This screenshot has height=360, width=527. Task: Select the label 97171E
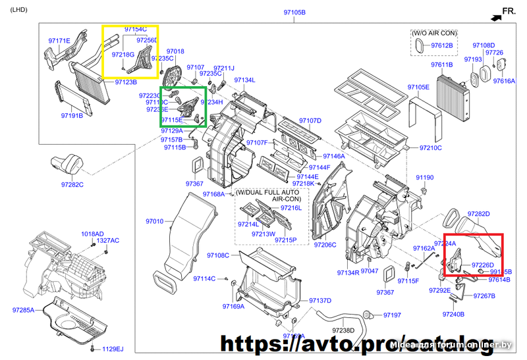coord(59,41)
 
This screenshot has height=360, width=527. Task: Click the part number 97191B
coord(72,116)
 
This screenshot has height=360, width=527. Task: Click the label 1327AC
coord(108,241)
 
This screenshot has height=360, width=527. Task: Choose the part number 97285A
coord(23,309)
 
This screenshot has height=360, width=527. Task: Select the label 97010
coord(155,221)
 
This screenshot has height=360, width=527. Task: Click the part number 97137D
coord(320,301)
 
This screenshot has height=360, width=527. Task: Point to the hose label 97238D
coord(343,330)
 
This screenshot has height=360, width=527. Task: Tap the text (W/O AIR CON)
coord(434,32)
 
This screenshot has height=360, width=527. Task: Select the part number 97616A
coord(504,81)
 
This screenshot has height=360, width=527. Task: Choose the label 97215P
coord(287,240)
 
